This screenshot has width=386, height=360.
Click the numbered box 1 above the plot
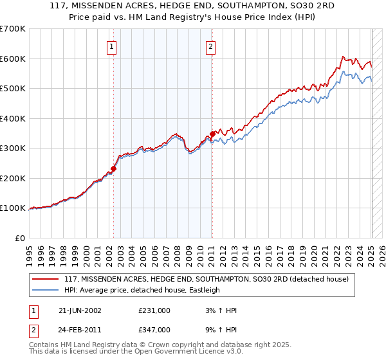pos(112,46)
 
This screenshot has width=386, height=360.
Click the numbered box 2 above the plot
pos(210,46)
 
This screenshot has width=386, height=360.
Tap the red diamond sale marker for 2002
pos(114,169)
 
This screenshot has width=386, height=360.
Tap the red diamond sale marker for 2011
pos(212,134)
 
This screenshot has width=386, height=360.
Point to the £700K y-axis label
pos(13,29)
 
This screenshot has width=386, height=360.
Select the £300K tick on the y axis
pos(13,148)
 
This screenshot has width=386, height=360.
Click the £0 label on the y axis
pos(21,238)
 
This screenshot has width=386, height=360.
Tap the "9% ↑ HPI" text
pos(220,330)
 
